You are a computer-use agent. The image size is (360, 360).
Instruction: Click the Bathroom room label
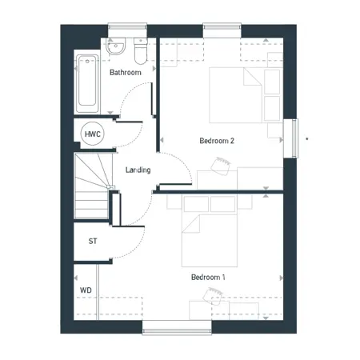coord(126,72)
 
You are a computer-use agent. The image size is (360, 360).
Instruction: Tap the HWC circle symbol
coord(92,134)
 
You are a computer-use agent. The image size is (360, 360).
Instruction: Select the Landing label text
coord(138,170)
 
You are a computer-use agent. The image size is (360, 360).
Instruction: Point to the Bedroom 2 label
coord(217,141)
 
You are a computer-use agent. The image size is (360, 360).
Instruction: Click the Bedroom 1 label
coord(208,277)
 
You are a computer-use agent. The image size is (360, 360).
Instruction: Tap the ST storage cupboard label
coord(93,241)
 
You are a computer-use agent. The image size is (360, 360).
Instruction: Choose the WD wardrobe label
coord(86,290)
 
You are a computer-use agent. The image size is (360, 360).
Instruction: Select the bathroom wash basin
coord(116,46)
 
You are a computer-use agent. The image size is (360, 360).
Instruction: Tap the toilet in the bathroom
coord(141,51)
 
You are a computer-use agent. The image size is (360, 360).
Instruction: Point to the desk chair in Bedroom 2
coord(221,166)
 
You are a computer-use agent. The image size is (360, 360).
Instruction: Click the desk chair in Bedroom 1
coord(213,296)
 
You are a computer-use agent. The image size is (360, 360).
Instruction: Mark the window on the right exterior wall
coord(294,138)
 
